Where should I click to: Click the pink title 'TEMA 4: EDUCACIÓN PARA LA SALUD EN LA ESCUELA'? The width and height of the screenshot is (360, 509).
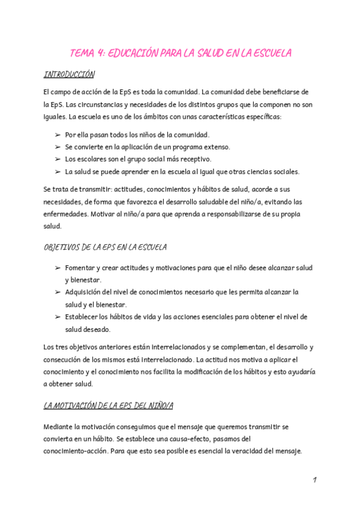coord(180,53)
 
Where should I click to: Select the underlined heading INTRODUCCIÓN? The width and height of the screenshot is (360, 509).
coord(69,75)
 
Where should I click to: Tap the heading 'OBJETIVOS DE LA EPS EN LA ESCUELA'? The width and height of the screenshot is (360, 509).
coord(105,247)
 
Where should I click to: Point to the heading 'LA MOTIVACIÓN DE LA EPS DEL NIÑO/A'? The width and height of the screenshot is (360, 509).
coord(108,406)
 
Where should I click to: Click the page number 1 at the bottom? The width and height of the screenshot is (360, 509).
coord(314,480)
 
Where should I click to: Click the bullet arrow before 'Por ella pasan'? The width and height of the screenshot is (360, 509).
coord(58,135)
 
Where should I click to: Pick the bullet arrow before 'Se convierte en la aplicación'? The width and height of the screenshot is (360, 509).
coord(58,147)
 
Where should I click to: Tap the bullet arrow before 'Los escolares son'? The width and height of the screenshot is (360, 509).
coord(58,159)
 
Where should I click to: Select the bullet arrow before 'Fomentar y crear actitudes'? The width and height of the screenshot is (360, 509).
coord(58,268)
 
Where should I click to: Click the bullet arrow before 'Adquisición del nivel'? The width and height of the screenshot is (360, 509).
coord(58,292)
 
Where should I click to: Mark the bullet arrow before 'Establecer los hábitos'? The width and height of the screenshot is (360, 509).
coord(58,317)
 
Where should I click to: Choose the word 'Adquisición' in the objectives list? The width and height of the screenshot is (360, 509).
coord(84,292)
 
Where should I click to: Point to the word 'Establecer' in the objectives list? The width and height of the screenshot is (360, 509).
coord(82,317)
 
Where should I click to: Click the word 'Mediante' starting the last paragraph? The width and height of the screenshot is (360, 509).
coord(59,427)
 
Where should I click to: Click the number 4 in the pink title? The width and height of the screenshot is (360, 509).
coord(100,53)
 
